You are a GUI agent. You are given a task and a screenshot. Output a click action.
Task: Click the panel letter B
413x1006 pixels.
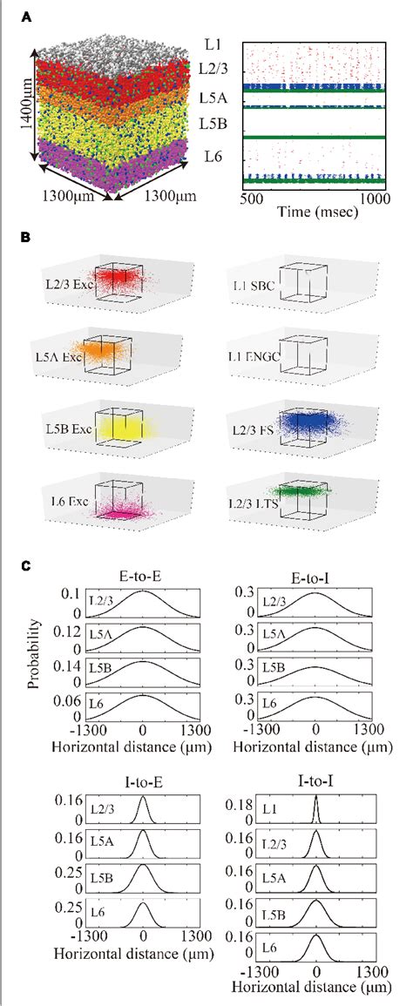click(x=29, y=234)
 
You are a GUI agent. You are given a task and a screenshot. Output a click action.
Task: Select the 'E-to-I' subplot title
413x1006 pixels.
click(x=316, y=576)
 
